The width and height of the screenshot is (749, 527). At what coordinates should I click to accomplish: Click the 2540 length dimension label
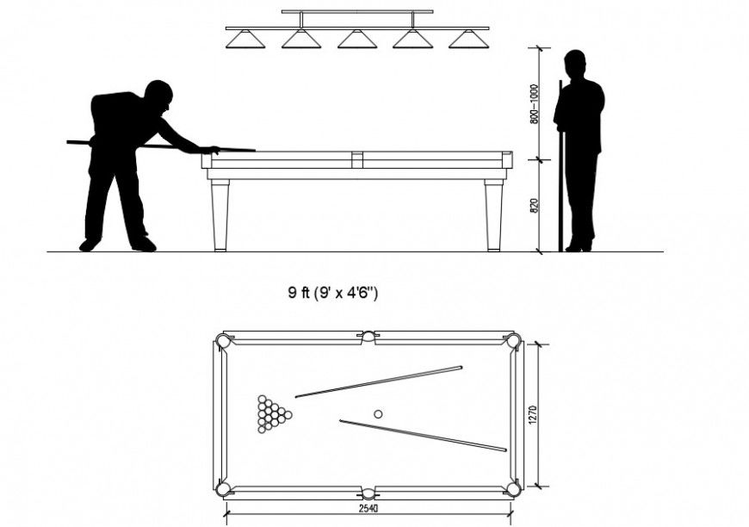(x=368, y=509)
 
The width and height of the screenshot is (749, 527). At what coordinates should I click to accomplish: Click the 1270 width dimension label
(x=533, y=413)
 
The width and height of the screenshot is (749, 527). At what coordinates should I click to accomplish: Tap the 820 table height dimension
(x=534, y=207)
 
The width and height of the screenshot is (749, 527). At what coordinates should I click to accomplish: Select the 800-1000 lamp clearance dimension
(x=534, y=104)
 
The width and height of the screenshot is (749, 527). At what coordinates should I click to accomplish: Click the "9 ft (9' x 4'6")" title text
(x=333, y=293)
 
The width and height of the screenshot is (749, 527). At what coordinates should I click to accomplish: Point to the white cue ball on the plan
(x=378, y=414)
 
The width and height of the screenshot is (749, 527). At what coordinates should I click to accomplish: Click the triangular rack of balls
(x=273, y=414)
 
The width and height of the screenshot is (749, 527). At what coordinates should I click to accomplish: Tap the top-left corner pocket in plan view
(x=224, y=342)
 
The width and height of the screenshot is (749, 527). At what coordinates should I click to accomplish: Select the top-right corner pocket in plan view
(x=514, y=342)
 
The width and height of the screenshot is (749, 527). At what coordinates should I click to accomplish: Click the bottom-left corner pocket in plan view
(x=224, y=488)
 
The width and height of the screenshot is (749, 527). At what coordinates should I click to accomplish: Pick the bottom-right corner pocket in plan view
(x=514, y=488)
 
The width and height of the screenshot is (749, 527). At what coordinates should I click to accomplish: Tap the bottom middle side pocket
(x=368, y=493)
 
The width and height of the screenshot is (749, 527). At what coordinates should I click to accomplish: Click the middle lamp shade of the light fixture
(x=356, y=39)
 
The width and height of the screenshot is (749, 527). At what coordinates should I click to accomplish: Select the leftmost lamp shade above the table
(x=245, y=39)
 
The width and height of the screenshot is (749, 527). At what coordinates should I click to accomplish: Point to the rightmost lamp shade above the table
(x=468, y=39)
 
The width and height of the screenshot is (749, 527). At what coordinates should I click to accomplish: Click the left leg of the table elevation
(x=220, y=215)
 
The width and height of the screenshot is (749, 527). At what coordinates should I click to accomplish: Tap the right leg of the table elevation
(x=493, y=215)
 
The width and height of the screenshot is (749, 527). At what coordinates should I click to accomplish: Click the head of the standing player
(x=575, y=64)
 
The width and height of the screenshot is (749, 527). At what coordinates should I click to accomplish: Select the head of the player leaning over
(x=158, y=94)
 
